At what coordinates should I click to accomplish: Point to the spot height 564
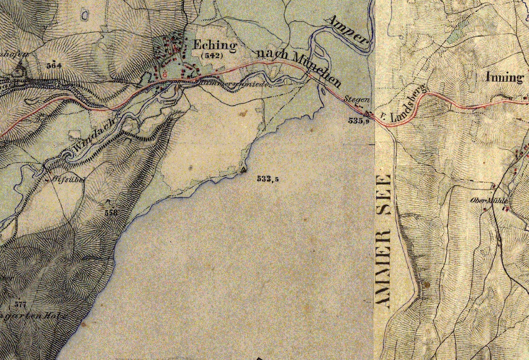[54, 65]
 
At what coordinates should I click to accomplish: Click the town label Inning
[504, 77]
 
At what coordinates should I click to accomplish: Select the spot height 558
[111, 212]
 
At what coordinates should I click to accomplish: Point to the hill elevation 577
[21, 304]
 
